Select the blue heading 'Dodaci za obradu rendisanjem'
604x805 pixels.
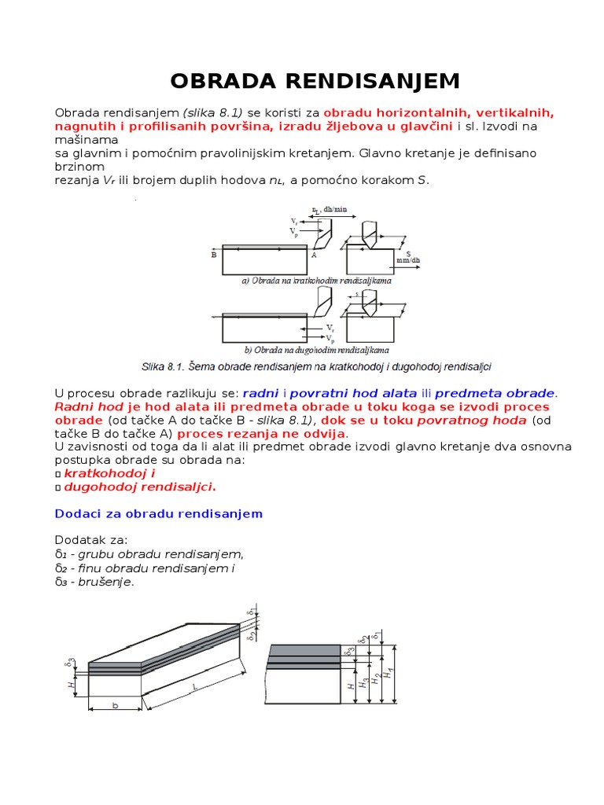[158, 513]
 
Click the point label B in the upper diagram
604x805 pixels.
[214, 255]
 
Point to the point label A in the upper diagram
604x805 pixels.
[314, 255]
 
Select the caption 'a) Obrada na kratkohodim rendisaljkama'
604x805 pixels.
[317, 279]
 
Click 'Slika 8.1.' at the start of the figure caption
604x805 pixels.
[163, 366]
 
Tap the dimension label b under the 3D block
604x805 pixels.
[115, 706]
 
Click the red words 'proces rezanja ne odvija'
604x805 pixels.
[261, 433]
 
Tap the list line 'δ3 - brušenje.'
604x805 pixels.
[94, 582]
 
